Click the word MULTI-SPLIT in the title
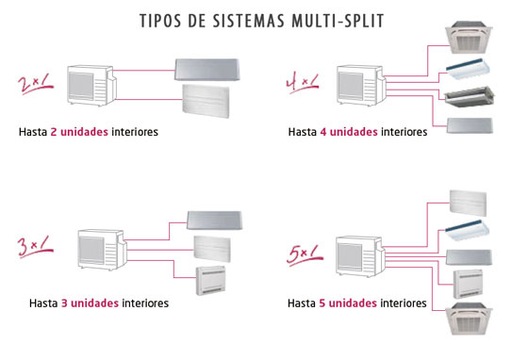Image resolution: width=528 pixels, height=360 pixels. coord(338,21)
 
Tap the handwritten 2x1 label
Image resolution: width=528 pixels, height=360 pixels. coord(36,84)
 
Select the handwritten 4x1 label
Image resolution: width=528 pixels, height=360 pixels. coord(302,83)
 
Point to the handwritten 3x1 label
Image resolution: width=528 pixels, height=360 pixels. coord(36,247)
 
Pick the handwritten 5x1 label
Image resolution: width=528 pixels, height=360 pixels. coord(305,254)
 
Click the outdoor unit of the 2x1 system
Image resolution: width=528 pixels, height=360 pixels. coord(91,86)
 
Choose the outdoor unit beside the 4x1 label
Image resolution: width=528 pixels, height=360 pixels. coord(362,86)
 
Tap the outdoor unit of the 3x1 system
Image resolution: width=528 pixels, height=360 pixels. coord(103,250)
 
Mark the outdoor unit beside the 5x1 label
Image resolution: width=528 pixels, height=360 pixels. coord(360,256)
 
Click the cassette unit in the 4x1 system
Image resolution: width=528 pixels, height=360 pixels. coord(469,37)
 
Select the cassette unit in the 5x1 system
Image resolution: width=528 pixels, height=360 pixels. coord(469,319)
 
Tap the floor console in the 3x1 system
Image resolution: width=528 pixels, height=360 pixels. coord(211,281)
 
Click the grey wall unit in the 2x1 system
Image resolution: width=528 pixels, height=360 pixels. coord(207,70)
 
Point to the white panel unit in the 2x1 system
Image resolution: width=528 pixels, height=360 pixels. coord(206,101)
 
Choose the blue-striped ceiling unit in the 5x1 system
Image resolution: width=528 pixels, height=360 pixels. coord(467,230)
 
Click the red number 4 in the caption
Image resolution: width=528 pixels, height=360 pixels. coord(323,132)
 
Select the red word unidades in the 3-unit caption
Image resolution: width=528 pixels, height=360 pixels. coord(94,303)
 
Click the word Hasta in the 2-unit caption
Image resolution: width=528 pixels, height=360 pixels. coord(33,132)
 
